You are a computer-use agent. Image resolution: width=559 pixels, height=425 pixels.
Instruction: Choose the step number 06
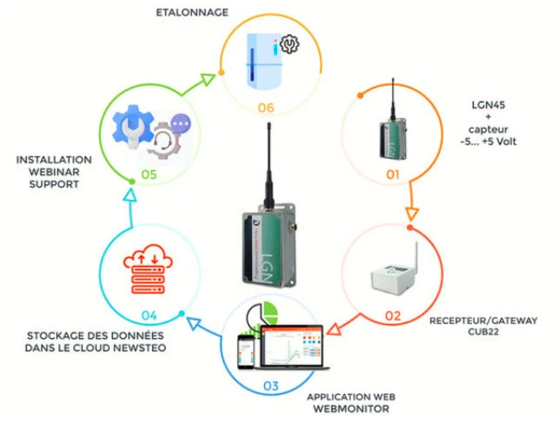266,108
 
